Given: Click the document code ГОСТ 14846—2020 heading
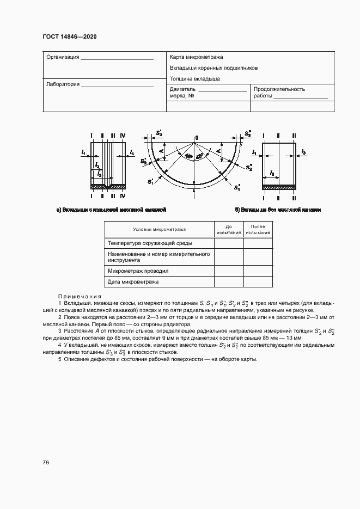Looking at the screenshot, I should pyautogui.click(x=69, y=37).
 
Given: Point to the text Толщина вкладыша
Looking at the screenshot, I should pyautogui.click(x=194, y=78).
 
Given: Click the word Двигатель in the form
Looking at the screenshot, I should pyautogui.click(x=182, y=89).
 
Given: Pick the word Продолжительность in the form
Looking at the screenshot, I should pyautogui.click(x=279, y=89).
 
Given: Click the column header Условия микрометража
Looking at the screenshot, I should pyautogui.click(x=159, y=230).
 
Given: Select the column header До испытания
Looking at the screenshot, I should pyautogui.click(x=229, y=229).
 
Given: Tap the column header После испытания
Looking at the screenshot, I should pyautogui.click(x=258, y=229).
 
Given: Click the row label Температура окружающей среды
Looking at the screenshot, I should pyautogui.click(x=150, y=243).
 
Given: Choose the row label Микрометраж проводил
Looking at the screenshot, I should pyautogui.click(x=138, y=271).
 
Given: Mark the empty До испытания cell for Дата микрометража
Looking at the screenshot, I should pyautogui.click(x=229, y=282).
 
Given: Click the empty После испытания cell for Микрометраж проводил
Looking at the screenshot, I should pyautogui.click(x=258, y=271).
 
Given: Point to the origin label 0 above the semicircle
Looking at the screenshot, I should pyautogui.click(x=197, y=137).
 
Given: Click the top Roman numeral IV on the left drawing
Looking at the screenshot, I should pyautogui.click(x=123, y=135).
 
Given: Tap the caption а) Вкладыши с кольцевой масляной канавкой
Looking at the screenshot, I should pyautogui.click(x=111, y=209).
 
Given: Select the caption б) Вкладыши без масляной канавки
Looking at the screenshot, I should pyautogui.click(x=278, y=209).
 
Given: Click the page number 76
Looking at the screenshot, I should pyautogui.click(x=46, y=462).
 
